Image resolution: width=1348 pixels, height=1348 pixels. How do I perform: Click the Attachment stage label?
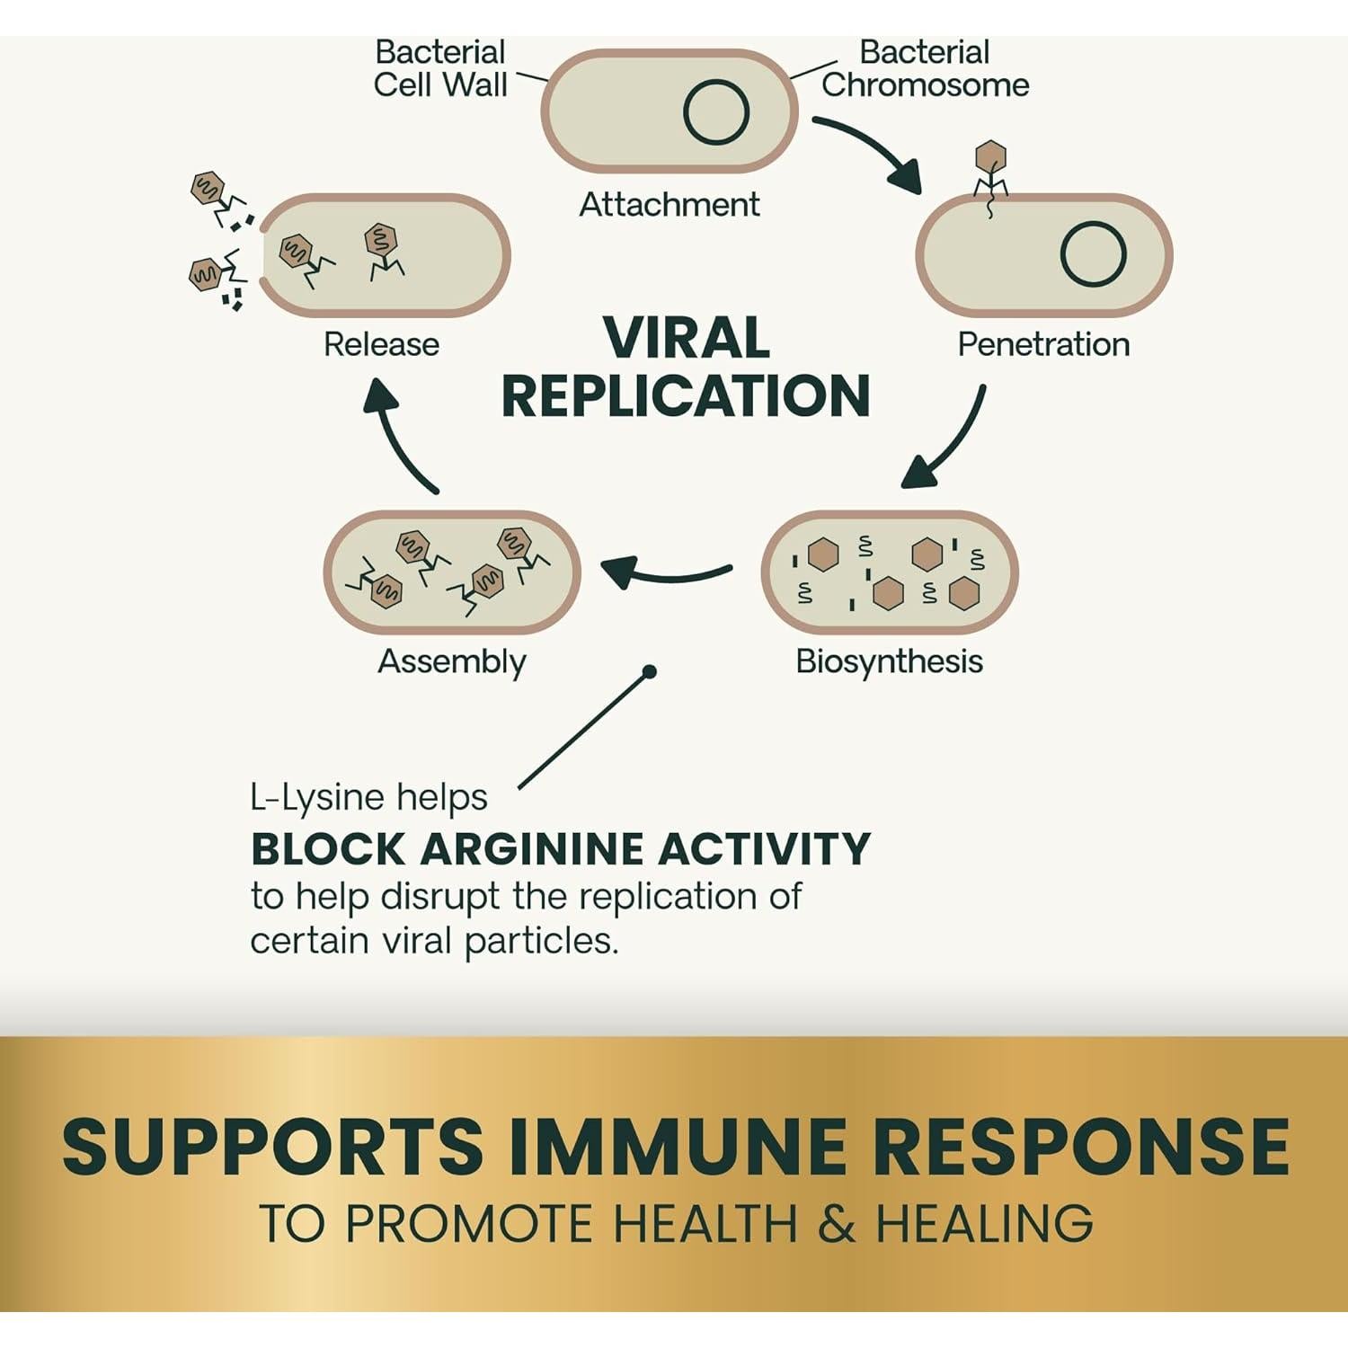(x=670, y=205)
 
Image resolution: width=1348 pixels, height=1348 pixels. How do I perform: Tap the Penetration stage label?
(x=1043, y=344)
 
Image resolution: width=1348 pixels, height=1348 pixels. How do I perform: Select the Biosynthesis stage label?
(x=889, y=661)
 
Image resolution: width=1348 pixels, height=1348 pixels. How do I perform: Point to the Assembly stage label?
(x=452, y=661)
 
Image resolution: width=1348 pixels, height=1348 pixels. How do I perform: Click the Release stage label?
(x=381, y=344)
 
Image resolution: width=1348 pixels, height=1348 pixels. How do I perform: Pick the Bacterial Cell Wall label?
(x=440, y=68)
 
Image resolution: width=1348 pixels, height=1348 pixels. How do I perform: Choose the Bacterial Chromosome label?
(x=925, y=68)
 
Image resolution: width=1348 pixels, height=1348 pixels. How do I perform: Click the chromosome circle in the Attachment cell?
(x=716, y=112)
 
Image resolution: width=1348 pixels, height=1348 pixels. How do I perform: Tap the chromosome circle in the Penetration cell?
(x=1093, y=254)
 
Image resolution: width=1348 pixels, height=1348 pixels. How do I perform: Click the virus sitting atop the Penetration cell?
(x=990, y=171)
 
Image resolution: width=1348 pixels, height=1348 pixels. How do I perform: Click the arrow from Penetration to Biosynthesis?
(x=948, y=440)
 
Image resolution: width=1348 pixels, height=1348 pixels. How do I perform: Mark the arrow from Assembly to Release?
(x=400, y=436)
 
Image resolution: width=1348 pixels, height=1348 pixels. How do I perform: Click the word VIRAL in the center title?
(x=686, y=338)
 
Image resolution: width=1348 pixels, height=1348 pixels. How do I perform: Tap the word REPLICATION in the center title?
(x=686, y=396)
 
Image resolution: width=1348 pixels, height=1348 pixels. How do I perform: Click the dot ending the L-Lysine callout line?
(x=650, y=671)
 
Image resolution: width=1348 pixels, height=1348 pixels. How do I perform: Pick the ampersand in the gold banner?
(x=837, y=1224)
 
